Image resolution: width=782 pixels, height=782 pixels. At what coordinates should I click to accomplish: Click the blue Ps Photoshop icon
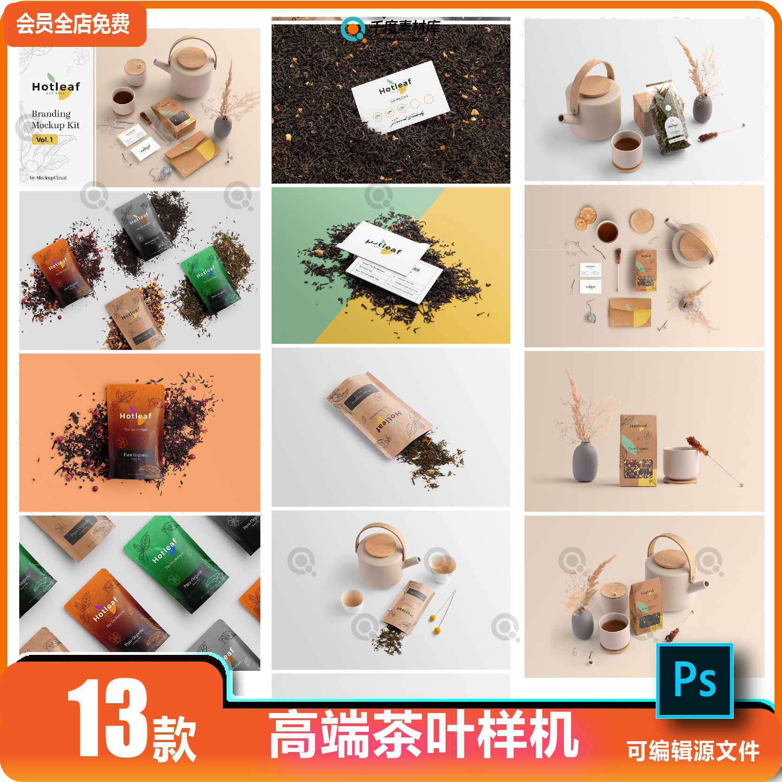pyautogui.click(x=694, y=680)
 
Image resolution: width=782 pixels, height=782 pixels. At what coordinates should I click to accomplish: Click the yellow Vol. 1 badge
pyautogui.click(x=45, y=139)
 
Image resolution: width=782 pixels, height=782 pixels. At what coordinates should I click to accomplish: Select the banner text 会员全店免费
pyautogui.click(x=73, y=23)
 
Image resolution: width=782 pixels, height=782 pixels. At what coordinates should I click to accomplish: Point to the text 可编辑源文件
pyautogui.click(x=693, y=752)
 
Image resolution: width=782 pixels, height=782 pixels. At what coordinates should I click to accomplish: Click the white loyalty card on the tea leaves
pyautogui.click(x=400, y=97)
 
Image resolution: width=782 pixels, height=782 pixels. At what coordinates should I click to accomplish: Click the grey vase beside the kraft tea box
pyautogui.click(x=585, y=462)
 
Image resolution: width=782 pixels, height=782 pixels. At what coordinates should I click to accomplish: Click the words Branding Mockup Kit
pyautogui.click(x=55, y=119)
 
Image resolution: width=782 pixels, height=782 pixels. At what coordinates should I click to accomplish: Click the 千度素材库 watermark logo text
pyautogui.click(x=404, y=28)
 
